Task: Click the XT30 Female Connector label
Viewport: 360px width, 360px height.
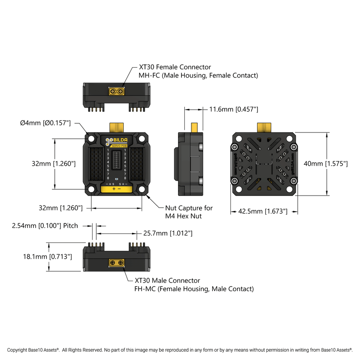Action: click(x=175, y=67)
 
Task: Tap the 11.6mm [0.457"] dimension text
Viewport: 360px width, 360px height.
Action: click(x=233, y=109)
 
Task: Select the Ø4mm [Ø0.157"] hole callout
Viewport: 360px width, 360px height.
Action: click(x=46, y=123)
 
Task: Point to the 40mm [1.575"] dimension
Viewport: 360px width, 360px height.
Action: click(x=325, y=164)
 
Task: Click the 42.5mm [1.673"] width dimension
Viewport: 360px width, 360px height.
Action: click(x=263, y=211)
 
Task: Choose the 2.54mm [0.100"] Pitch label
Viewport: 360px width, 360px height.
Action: click(x=45, y=226)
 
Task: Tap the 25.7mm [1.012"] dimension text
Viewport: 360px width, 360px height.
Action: click(x=168, y=233)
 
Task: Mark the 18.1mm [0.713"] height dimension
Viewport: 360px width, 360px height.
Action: click(x=47, y=257)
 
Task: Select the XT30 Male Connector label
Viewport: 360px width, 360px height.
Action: click(x=167, y=281)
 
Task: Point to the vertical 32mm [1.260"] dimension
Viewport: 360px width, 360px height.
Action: click(x=54, y=164)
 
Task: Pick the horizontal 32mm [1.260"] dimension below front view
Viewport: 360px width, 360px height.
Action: click(x=61, y=207)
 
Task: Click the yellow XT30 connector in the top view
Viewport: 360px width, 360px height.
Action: click(x=117, y=91)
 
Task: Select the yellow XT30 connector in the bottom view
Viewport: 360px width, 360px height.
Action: click(x=117, y=262)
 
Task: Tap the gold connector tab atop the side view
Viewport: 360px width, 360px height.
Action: click(x=194, y=127)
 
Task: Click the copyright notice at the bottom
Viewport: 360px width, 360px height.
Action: click(x=180, y=350)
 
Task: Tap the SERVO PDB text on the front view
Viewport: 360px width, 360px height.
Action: click(x=119, y=146)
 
